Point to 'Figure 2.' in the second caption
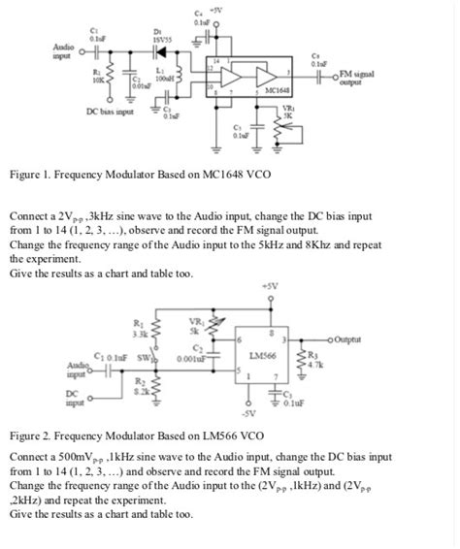(x=32, y=436)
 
